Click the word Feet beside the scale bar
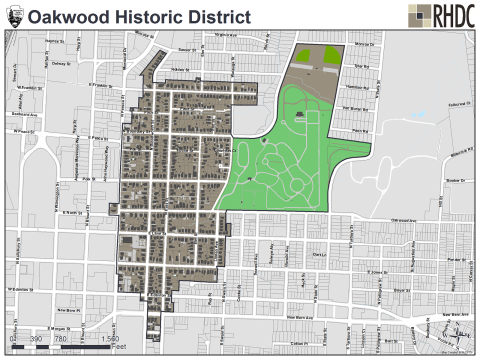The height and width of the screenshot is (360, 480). point(118,348)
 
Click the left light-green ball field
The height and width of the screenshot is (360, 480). point(304,57)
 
